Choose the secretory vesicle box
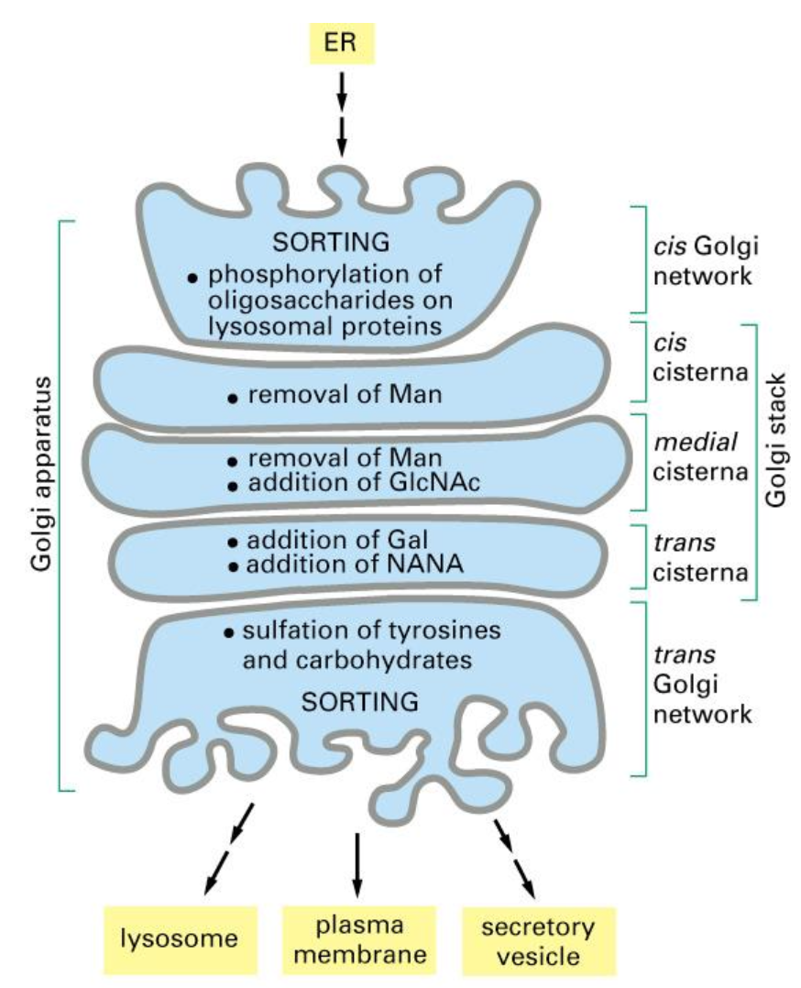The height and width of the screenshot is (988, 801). point(536,940)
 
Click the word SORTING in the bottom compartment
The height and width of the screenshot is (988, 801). point(360,702)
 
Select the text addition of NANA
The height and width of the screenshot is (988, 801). point(358,565)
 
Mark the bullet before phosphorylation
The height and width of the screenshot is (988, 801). point(192,276)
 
